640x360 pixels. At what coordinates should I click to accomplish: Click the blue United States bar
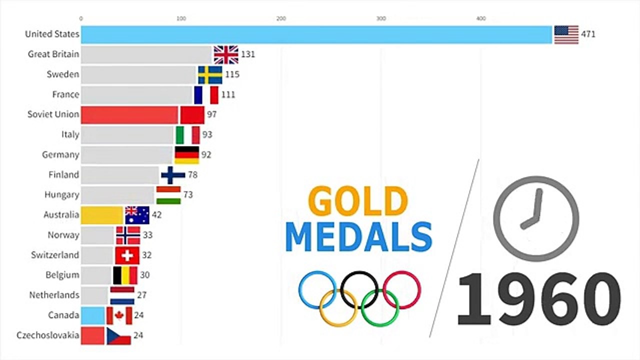pyautogui.click(x=316, y=34)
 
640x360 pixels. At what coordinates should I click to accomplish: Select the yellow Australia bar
pyautogui.click(x=102, y=215)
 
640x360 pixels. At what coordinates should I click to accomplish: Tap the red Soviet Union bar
pyautogui.click(x=129, y=115)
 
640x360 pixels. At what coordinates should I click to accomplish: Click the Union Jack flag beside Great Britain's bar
pyautogui.click(x=226, y=54)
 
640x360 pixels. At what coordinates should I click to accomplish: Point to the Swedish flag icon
pyautogui.click(x=210, y=75)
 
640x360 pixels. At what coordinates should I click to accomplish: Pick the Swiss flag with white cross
pyautogui.click(x=127, y=255)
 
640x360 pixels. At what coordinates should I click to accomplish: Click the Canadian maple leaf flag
pyautogui.click(x=119, y=315)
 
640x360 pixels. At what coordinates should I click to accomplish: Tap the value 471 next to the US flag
pyautogui.click(x=588, y=34)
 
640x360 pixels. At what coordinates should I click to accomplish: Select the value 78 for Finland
pyautogui.click(x=192, y=175)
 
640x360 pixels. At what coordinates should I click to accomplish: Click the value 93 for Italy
pyautogui.click(x=207, y=134)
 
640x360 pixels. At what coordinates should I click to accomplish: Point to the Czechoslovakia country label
pyautogui.click(x=47, y=335)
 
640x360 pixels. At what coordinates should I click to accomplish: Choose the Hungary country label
pyautogui.click(x=61, y=195)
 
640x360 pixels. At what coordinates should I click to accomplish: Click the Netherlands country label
pyautogui.click(x=54, y=295)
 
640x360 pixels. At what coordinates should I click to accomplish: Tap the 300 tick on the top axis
pyautogui.click(x=381, y=18)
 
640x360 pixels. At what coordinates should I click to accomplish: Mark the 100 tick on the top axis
pyautogui.click(x=181, y=18)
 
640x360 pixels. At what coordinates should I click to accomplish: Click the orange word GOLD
pyautogui.click(x=358, y=200)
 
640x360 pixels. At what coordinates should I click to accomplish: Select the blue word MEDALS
pyautogui.click(x=359, y=237)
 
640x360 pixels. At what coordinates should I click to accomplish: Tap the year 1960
pyautogui.click(x=539, y=299)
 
